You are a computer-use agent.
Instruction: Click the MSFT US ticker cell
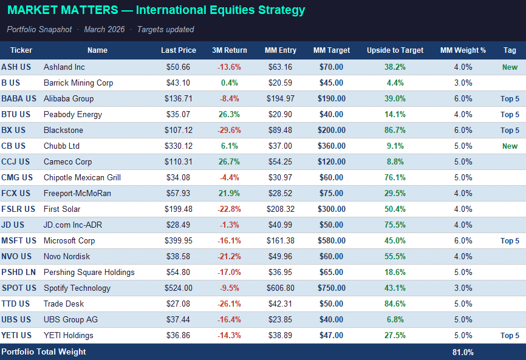pos(19,241)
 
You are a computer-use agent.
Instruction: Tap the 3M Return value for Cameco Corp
pos(229,162)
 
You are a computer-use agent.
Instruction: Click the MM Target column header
pos(331,50)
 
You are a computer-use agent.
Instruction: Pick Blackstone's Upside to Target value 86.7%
pos(395,131)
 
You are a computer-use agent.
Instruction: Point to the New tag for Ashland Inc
pos(510,67)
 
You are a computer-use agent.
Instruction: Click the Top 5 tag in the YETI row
pos(510,336)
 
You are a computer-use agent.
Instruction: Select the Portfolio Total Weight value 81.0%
pos(463,352)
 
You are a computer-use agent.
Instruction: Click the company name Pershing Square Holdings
pos(89,273)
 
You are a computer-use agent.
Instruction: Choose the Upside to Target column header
pos(395,50)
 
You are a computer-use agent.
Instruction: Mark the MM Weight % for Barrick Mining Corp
pos(463,83)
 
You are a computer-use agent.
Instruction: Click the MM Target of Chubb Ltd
pos(331,146)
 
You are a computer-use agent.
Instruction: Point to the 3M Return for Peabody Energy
pos(229,115)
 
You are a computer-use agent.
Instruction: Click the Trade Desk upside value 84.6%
pos(395,304)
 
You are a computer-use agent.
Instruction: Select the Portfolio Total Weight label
pos(44,352)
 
